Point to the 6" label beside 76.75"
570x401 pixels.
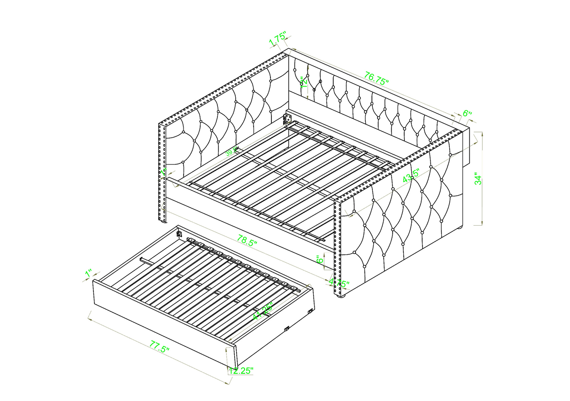pyautogui.click(x=467, y=113)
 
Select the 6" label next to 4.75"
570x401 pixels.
pyautogui.click(x=319, y=260)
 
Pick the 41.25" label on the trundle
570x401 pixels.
pyautogui.click(x=262, y=311)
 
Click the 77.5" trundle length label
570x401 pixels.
pyautogui.click(x=159, y=348)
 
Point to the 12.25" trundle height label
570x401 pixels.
pyautogui.click(x=241, y=371)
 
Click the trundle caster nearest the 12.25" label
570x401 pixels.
pyautogui.click(x=286, y=330)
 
